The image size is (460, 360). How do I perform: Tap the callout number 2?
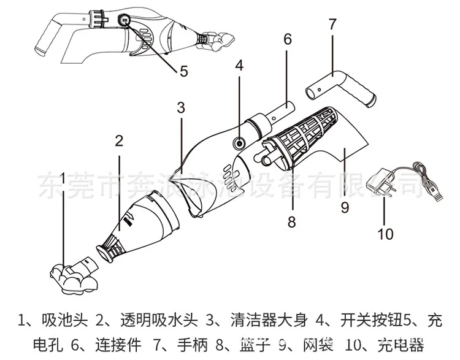(119, 140)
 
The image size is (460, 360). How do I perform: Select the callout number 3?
(180, 108)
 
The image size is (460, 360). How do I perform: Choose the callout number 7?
(332, 25)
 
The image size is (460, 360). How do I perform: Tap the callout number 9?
(345, 207)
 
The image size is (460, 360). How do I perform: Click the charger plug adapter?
(379, 184)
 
